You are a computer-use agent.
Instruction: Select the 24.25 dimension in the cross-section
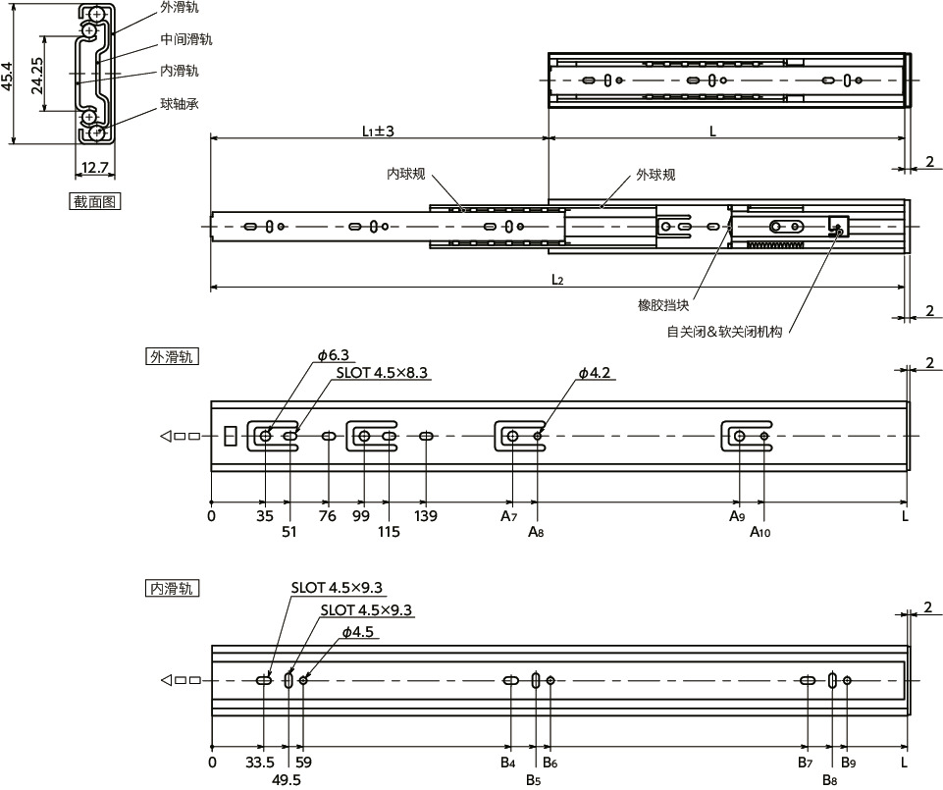click(x=36, y=75)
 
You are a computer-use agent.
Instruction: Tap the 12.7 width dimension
click(x=95, y=169)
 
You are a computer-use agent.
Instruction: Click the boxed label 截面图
click(x=95, y=202)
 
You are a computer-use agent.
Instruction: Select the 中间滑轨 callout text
click(x=186, y=40)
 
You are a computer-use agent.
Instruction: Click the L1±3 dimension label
click(x=377, y=131)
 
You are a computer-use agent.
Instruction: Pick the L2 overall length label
click(x=557, y=280)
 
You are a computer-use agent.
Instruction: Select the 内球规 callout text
click(x=405, y=175)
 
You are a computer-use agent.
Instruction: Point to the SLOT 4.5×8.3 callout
click(x=384, y=373)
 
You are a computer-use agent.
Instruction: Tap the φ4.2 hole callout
click(x=595, y=373)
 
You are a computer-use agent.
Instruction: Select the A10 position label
click(x=760, y=533)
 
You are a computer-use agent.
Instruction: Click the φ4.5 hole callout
click(x=358, y=632)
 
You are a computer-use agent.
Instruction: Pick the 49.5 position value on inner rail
click(x=287, y=779)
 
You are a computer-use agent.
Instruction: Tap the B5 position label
click(x=533, y=780)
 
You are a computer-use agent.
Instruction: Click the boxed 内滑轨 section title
click(x=172, y=589)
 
